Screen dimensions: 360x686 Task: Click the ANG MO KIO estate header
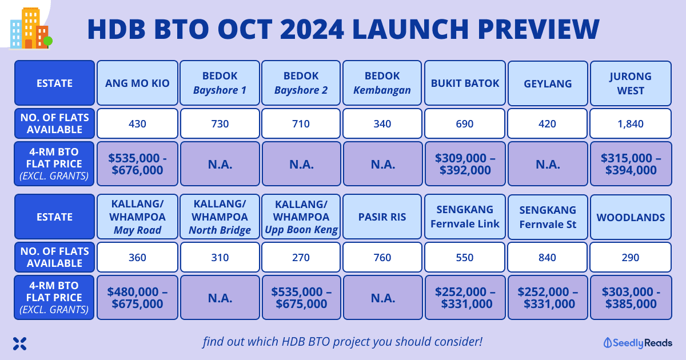coord(137,83)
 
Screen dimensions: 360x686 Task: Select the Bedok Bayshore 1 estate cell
coord(220,83)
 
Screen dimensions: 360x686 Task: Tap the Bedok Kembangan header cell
coord(382,83)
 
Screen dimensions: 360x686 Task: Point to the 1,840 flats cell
coord(631,123)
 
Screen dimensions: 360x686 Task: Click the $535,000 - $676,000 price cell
coord(137,163)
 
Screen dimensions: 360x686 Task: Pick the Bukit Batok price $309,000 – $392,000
coord(465,163)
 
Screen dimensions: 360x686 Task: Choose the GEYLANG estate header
coord(547,83)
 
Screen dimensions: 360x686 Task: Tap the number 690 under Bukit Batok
coord(465,123)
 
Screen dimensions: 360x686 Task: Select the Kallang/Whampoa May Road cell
coord(137,217)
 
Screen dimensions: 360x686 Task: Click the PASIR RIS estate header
coord(382,217)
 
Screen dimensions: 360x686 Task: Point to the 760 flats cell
coord(382,257)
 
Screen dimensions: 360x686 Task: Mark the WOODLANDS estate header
coord(631,217)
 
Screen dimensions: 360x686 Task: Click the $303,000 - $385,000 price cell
coord(631,297)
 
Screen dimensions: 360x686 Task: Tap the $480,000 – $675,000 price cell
coord(137,297)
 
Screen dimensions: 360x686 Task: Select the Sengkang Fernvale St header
coord(547,217)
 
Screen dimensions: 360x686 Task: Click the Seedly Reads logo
coord(638,343)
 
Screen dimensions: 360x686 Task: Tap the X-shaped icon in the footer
coord(20,343)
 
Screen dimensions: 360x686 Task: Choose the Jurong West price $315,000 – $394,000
coord(631,163)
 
